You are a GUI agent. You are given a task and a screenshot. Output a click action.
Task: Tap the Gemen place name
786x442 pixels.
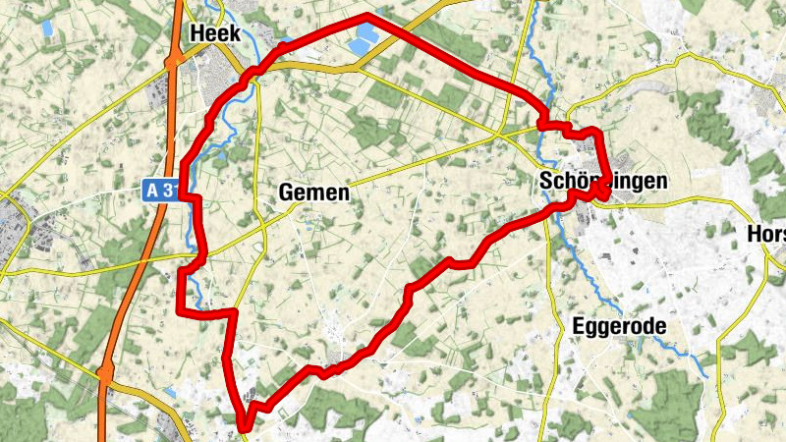click(313, 193)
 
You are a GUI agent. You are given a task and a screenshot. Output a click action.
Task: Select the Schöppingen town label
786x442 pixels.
click(602, 182)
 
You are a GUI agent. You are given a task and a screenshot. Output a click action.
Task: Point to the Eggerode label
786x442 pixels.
click(619, 325)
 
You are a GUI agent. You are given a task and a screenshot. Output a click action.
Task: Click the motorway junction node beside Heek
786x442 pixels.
click(173, 61)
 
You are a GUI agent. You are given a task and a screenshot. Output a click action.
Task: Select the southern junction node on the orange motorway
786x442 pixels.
click(105, 373)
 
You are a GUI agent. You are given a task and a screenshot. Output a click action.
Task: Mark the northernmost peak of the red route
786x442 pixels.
click(367, 16)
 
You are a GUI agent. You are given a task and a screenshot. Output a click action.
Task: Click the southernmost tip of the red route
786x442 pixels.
click(243, 427)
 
